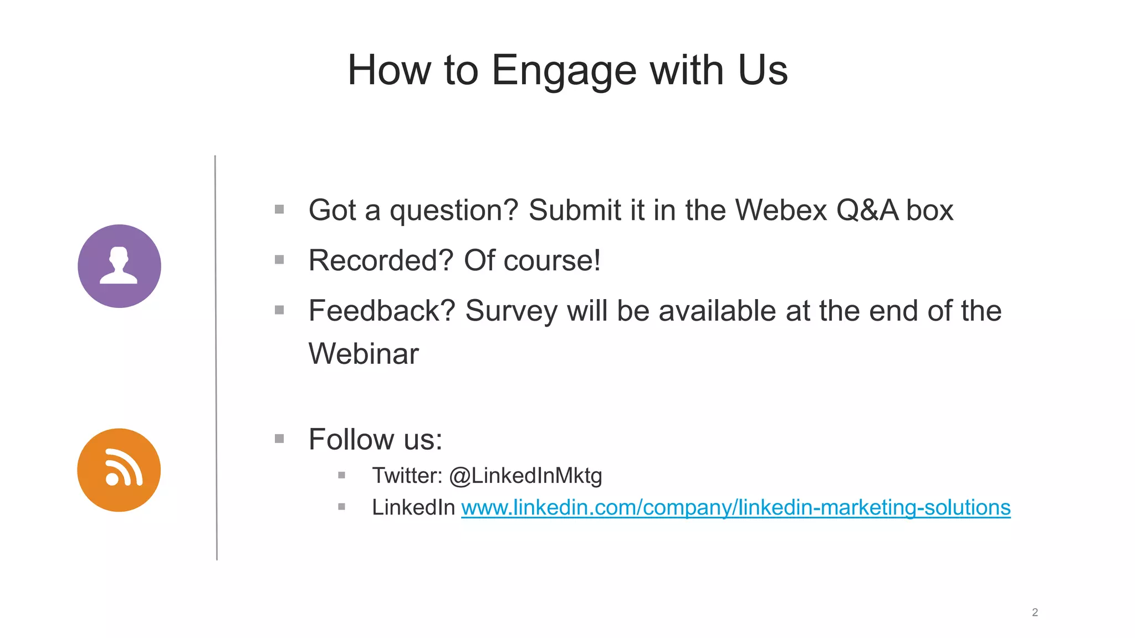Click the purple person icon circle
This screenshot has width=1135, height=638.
[119, 266]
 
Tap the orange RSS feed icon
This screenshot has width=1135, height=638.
[119, 470]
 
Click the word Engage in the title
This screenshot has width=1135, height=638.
[564, 71]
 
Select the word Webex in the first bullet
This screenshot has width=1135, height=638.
[781, 210]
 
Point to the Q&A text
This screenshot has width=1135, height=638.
[867, 210]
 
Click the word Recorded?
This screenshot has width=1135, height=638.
[381, 260]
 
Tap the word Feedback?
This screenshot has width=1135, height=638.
[381, 311]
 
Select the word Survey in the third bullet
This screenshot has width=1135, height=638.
[511, 311]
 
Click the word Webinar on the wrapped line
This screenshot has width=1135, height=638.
[364, 353]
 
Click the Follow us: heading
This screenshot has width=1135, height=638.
[375, 439]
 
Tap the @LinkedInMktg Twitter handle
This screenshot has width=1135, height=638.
[525, 475]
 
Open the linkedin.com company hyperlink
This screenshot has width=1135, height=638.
[735, 507]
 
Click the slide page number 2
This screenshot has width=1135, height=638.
[1035, 612]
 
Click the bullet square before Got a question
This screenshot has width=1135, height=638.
[279, 209]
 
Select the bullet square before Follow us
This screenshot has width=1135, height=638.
[279, 439]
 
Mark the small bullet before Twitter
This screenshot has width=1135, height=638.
[341, 475]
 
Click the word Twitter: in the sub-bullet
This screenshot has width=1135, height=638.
[407, 475]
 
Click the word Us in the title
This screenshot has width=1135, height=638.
[763, 71]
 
